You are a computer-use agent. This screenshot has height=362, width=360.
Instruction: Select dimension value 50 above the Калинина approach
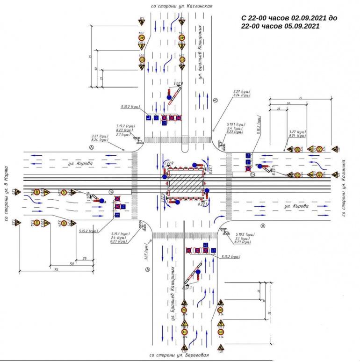tap(288, 103)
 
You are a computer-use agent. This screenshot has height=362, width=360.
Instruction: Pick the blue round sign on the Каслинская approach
tap(169, 97)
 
